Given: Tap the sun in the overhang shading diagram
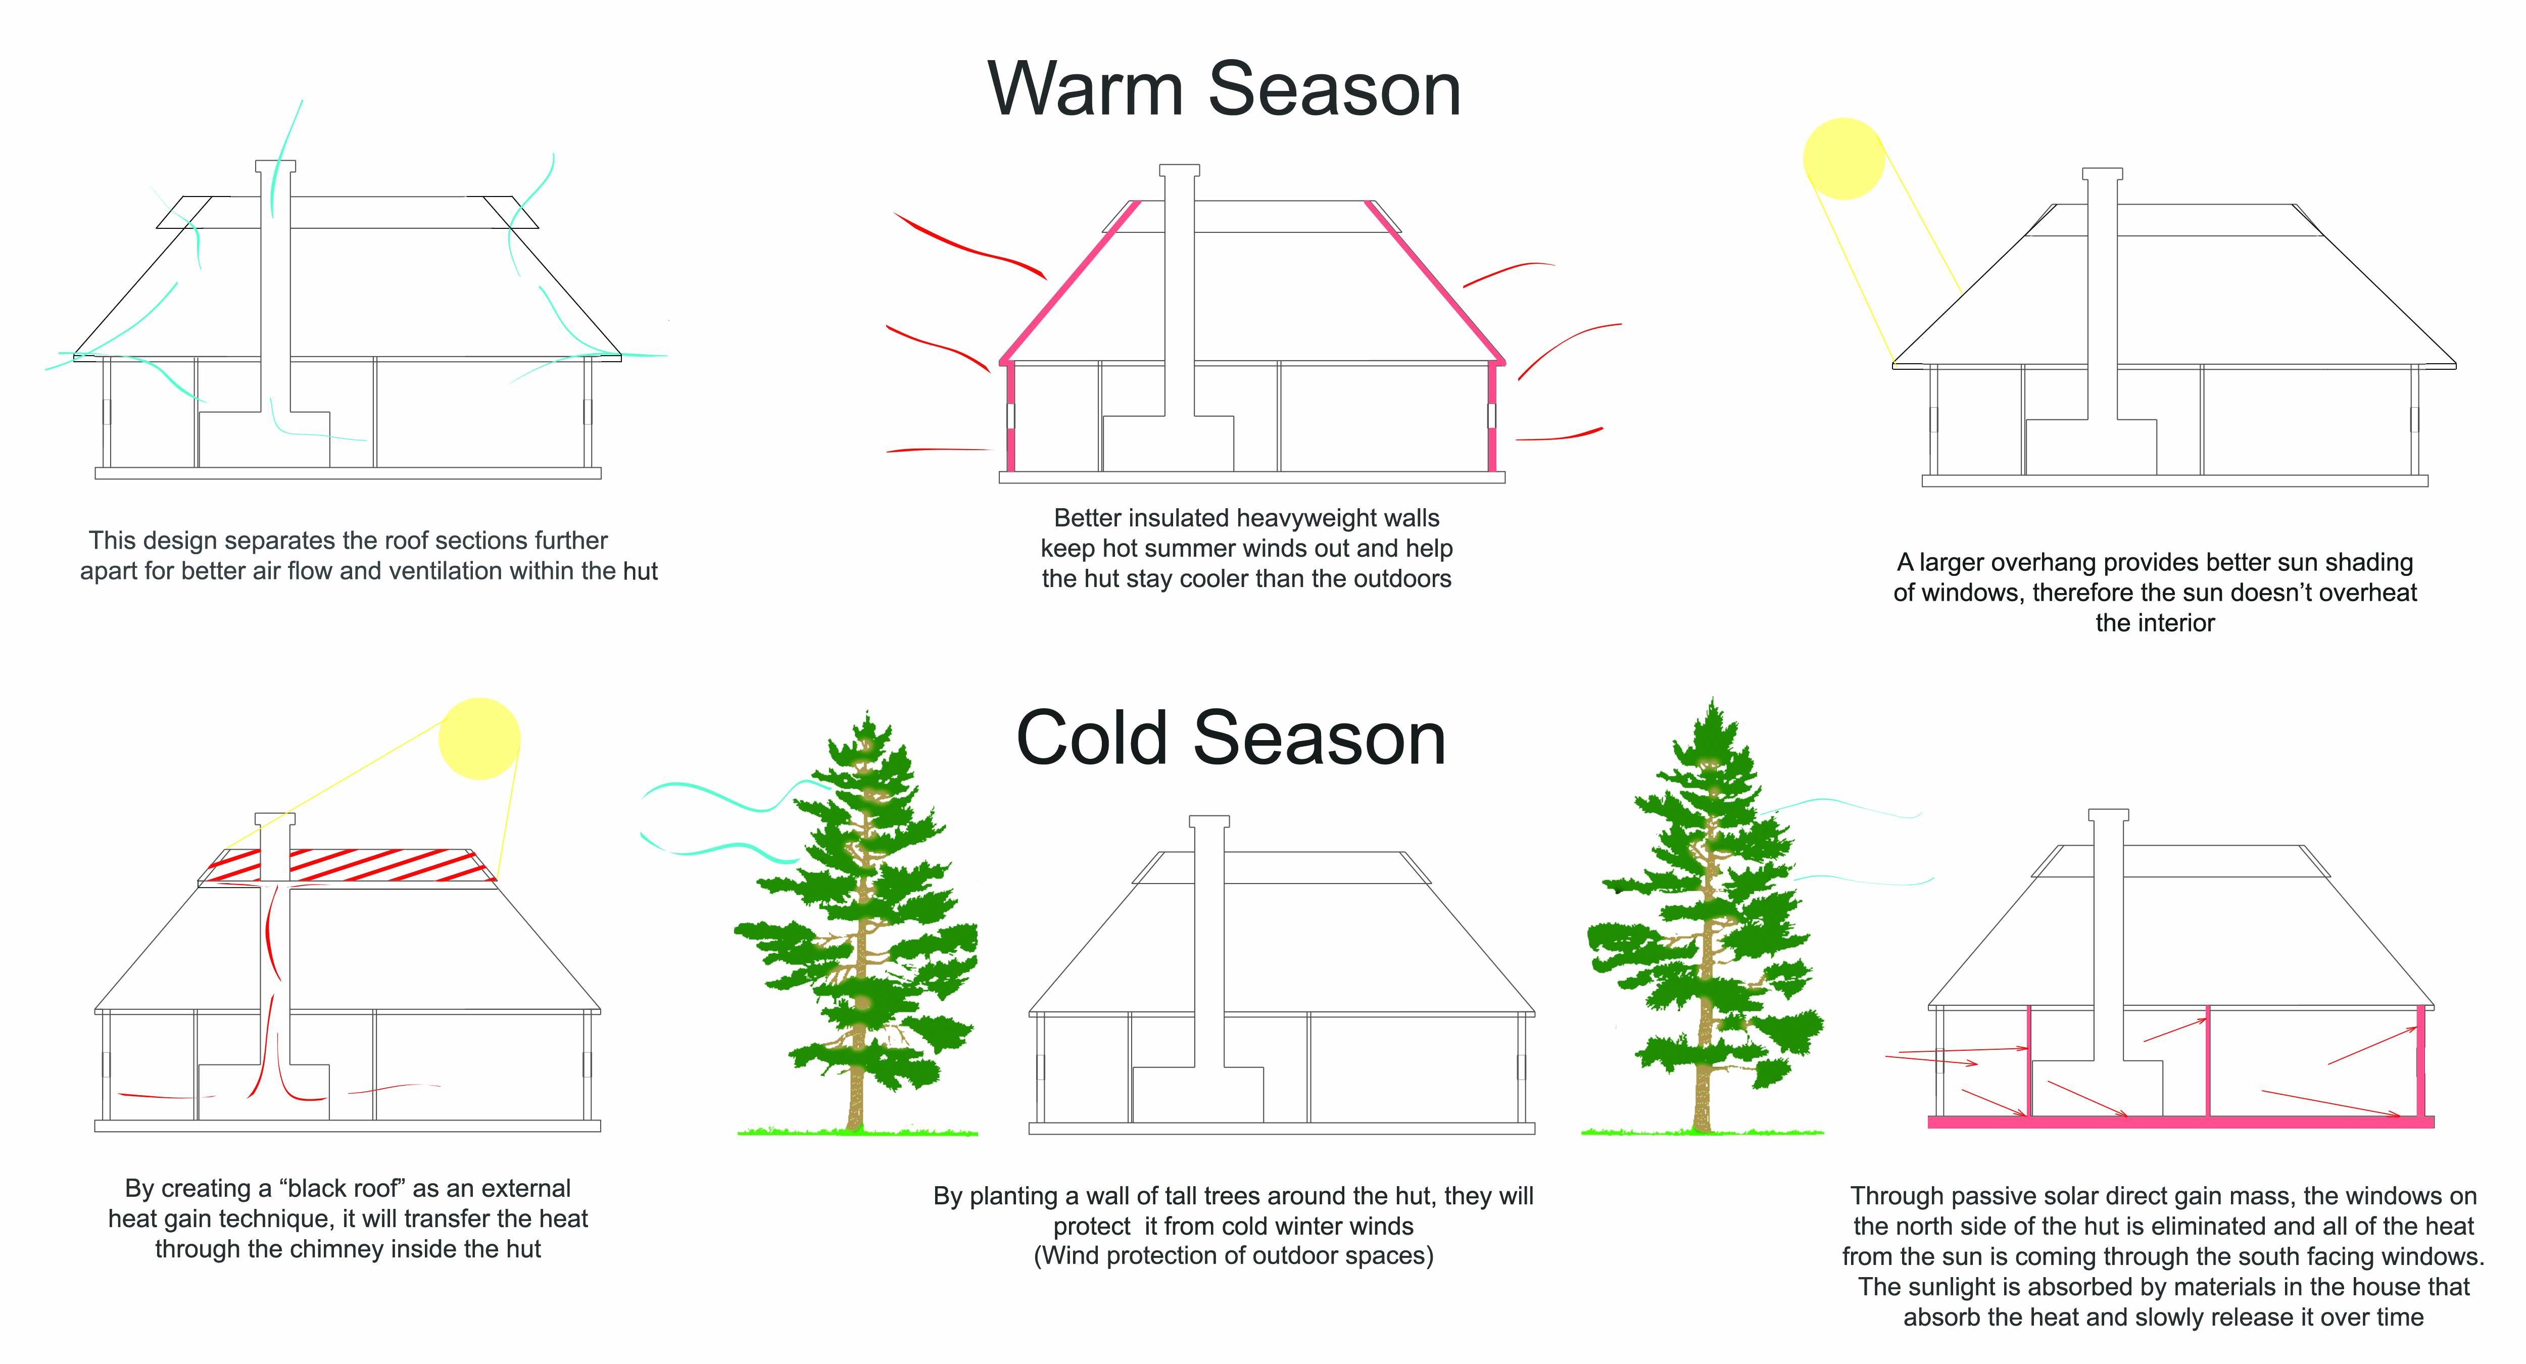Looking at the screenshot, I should point(1843,159).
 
